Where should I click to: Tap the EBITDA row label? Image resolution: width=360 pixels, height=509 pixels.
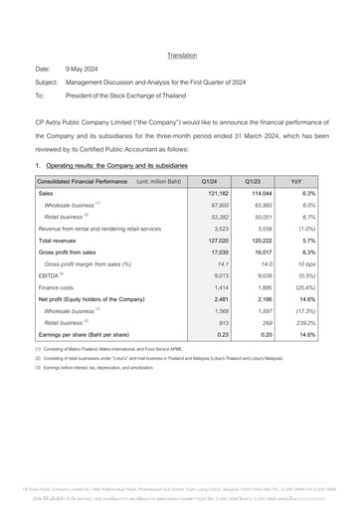coord(50,273)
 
